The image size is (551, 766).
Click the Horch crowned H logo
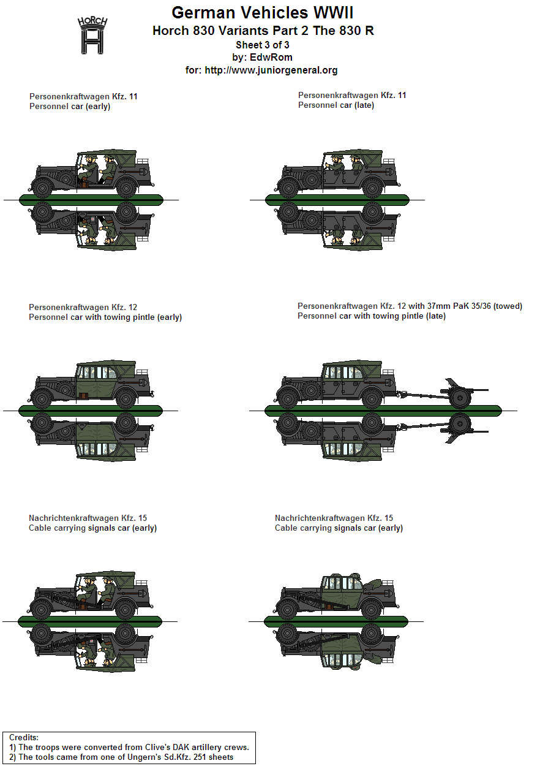92,35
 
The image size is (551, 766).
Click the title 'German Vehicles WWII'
263,13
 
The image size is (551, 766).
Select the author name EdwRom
271,57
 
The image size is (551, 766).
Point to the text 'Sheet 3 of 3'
263,45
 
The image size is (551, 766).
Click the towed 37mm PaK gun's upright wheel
460,398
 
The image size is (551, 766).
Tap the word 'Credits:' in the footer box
23,737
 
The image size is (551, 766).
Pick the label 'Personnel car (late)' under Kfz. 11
335,105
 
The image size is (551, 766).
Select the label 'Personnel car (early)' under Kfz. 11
70,107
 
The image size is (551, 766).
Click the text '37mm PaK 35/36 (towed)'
471,306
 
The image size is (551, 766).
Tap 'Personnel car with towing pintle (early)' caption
105,317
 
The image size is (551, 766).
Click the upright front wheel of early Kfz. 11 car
43,188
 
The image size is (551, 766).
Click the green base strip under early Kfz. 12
91,411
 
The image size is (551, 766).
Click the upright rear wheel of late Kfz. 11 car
372,188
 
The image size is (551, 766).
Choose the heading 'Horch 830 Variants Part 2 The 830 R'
263,31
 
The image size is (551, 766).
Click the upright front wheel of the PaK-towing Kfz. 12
288,398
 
